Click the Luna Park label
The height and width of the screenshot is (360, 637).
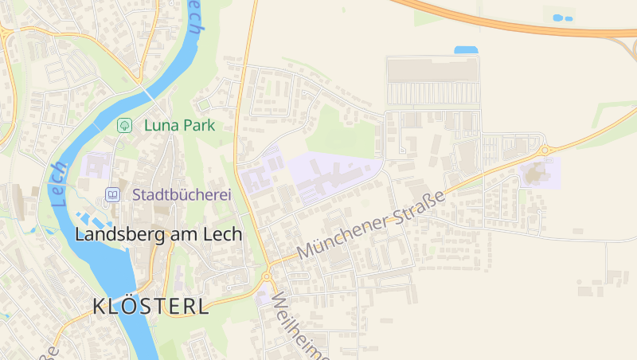[179, 125]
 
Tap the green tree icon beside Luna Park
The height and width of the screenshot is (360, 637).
[124, 125]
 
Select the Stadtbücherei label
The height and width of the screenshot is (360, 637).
[182, 194]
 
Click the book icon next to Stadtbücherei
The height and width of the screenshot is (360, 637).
[113, 194]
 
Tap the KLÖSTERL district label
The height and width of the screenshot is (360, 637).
[150, 306]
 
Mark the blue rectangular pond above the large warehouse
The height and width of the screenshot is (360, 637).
[466, 50]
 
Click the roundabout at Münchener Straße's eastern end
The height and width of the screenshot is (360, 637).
[545, 150]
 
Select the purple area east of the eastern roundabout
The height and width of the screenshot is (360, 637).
[539, 171]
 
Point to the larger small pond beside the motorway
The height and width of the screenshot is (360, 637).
[558, 17]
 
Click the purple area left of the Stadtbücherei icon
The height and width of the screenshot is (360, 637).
[96, 166]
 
